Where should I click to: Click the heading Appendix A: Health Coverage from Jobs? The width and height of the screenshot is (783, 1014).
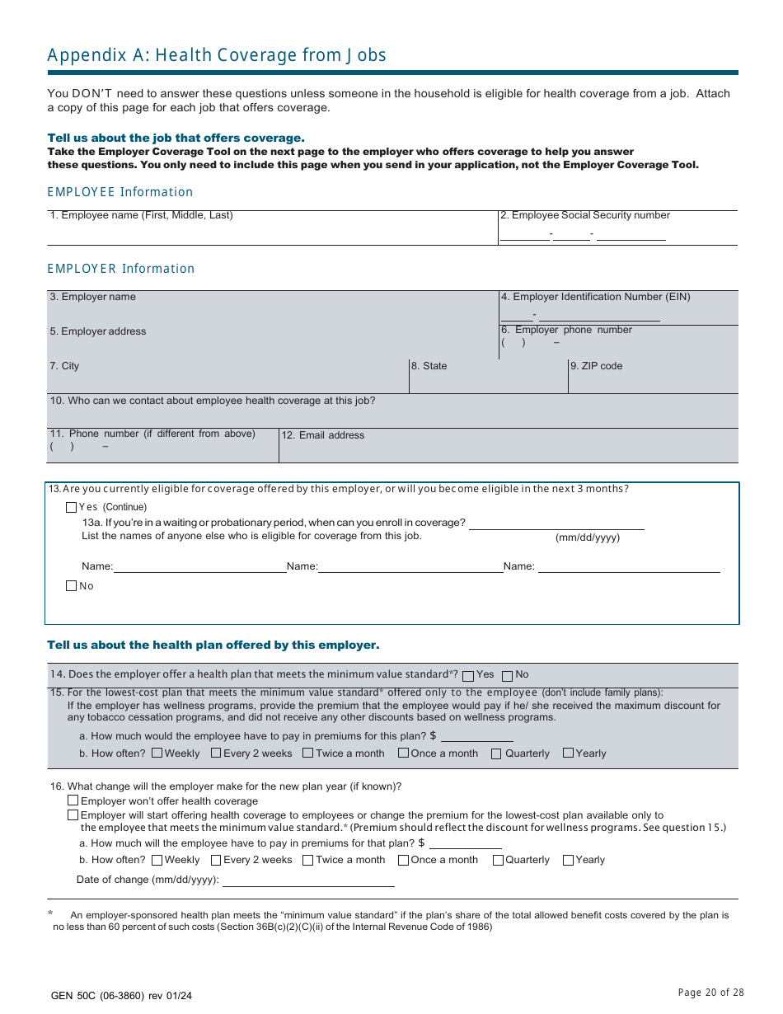[x=217, y=55]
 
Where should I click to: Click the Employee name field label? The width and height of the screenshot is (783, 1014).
[x=142, y=215]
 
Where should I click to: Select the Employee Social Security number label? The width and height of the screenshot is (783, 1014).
[x=585, y=215]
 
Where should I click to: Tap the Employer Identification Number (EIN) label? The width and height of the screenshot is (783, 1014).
[x=596, y=297]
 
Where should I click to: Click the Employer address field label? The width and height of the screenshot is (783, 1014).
[x=98, y=331]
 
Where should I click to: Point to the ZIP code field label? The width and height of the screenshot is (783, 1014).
[x=596, y=366]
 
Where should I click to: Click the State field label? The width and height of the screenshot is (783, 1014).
[x=429, y=366]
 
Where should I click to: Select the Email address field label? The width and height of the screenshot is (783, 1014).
[x=323, y=435]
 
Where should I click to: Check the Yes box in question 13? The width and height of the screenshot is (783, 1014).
[x=71, y=507]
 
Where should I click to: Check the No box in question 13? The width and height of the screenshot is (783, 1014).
[x=71, y=586]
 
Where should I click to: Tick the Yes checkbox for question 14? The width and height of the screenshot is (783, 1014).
[x=468, y=675]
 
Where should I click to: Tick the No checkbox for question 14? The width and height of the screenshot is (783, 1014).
[x=507, y=675]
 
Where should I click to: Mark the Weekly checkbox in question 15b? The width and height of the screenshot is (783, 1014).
[x=157, y=753]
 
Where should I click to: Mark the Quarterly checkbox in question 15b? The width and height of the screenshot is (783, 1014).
[x=496, y=753]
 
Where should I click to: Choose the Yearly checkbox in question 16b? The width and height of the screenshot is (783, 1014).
[x=568, y=860]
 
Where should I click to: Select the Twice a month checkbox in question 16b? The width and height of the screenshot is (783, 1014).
[x=307, y=860]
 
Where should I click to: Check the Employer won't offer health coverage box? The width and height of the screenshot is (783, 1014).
[x=73, y=800]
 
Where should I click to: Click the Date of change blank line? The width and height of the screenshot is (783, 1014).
[x=308, y=880]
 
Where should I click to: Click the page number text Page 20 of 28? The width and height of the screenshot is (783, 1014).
[x=710, y=993]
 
